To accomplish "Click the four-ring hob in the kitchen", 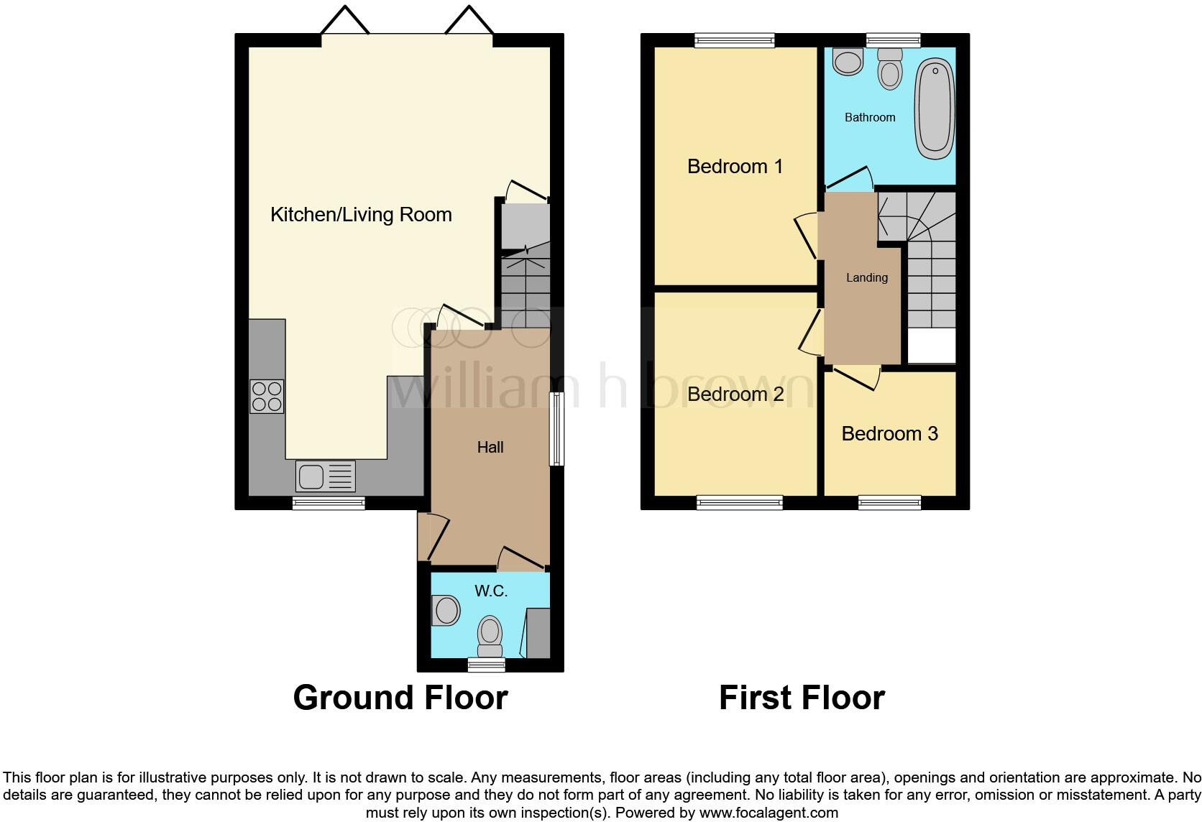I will [267, 397].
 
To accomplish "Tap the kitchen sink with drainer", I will [326, 476].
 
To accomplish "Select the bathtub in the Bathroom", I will [935, 109].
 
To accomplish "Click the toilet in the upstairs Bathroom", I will [891, 69].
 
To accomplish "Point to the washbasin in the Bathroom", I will [848, 62].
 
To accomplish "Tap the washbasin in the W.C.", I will [446, 611].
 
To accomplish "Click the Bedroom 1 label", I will [735, 167].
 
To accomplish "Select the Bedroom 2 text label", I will [735, 394].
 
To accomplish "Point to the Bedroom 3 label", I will [889, 434].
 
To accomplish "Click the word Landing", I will [866, 278].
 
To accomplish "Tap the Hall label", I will [490, 448].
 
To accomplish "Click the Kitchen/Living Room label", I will [361, 215].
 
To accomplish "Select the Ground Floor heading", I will [400, 698].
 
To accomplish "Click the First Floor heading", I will [802, 698].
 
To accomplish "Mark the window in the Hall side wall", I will [556, 429].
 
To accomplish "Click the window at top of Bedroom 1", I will [735, 41].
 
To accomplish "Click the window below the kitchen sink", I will [329, 504].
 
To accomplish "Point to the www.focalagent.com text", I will [769, 813].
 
